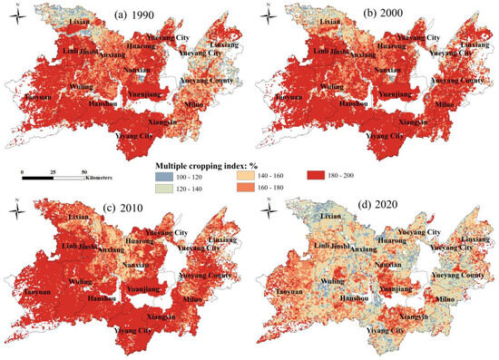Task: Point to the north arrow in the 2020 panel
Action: (x=265, y=212)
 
